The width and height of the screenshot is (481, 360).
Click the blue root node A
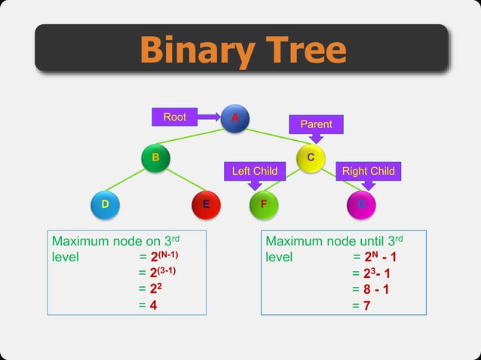point(234,118)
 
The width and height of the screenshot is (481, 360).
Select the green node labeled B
point(155,158)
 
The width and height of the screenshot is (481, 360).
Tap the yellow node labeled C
point(311,158)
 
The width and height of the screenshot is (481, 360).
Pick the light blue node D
point(105,204)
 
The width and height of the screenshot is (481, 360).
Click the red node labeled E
point(206,204)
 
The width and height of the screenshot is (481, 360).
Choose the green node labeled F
point(264,204)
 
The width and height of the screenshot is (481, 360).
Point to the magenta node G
point(361,204)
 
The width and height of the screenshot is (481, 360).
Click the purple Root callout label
point(175,117)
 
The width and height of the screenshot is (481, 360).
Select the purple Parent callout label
point(316,124)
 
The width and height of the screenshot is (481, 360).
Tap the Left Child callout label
point(254,171)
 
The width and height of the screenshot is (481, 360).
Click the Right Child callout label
point(368,171)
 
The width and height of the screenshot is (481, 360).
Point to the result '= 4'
point(148,305)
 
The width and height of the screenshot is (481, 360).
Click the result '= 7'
point(361,306)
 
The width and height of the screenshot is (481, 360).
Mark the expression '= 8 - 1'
point(371,289)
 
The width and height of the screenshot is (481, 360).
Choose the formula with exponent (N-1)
point(158,257)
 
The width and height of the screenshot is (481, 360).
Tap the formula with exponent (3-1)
point(158,273)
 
